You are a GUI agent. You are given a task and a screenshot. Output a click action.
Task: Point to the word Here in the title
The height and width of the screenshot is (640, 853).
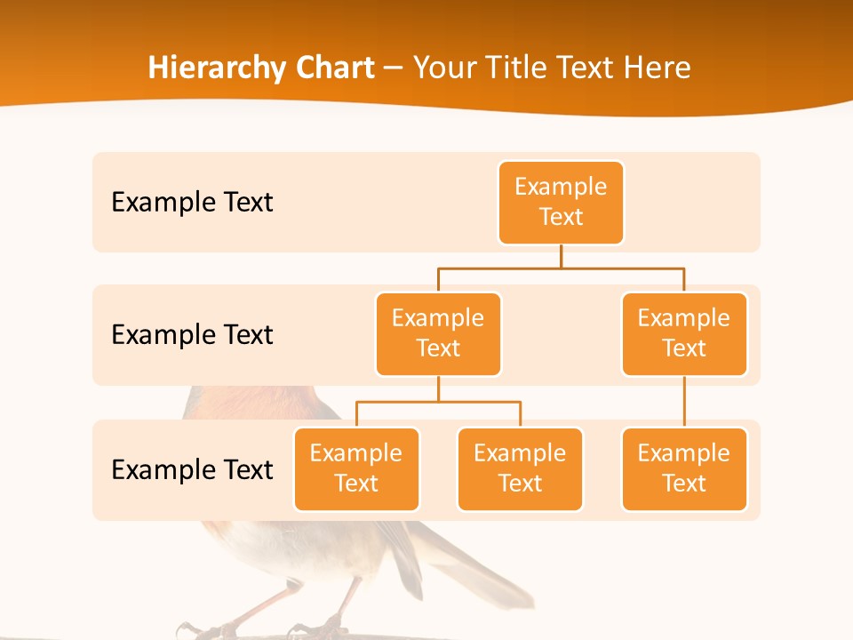[656, 68]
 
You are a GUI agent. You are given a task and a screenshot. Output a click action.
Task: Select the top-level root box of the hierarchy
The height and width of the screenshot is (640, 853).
[561, 203]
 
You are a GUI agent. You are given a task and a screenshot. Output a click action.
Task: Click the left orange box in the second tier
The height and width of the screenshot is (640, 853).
[438, 334]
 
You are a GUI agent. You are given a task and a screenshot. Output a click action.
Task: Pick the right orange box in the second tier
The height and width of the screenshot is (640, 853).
[684, 334]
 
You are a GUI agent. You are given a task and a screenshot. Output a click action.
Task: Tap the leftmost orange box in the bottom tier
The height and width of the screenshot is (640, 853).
[356, 469]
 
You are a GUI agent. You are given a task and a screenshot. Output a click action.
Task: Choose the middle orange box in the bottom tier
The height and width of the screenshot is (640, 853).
[520, 469]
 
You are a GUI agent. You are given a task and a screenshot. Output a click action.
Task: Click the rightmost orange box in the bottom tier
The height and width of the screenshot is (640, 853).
[684, 469]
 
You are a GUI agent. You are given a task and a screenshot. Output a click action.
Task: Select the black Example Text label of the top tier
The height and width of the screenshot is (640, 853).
[192, 203]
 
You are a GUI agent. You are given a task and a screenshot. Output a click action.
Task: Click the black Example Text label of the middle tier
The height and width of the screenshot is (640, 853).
[192, 335]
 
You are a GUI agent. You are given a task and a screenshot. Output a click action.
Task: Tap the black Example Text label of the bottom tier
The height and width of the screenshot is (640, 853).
[192, 470]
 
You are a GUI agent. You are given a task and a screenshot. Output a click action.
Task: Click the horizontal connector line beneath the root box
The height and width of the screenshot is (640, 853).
[561, 268]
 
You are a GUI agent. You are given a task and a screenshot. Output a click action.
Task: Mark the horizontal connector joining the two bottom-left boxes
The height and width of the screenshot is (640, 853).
[438, 402]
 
